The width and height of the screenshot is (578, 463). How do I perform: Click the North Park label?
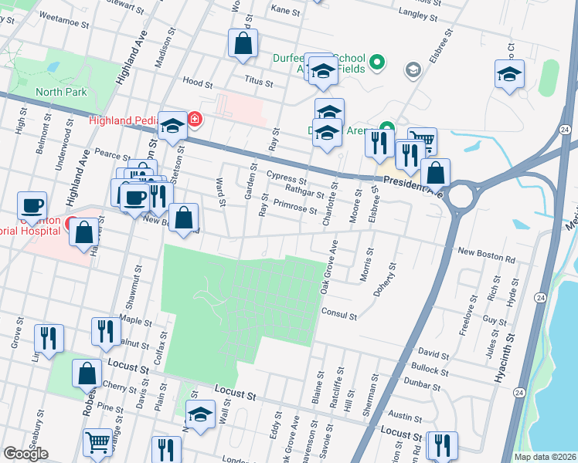(60, 92)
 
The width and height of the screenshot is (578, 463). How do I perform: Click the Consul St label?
(339, 316)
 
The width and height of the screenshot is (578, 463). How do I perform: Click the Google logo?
(25, 454)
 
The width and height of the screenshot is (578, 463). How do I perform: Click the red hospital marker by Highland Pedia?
(195, 119)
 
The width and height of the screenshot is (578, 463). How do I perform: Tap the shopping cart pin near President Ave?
(422, 141)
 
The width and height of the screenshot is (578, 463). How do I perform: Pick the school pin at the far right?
(509, 75)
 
